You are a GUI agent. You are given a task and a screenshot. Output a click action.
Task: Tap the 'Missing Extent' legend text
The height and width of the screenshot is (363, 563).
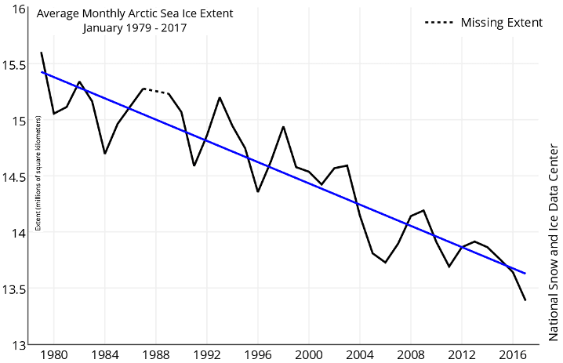point(502,22)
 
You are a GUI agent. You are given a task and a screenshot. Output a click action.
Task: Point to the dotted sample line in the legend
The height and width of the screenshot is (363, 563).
point(439,23)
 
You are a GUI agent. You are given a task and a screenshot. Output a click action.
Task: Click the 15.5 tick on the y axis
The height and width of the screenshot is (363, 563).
point(15,66)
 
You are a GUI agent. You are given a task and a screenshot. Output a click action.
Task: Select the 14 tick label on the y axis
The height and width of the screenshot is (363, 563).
point(20,233)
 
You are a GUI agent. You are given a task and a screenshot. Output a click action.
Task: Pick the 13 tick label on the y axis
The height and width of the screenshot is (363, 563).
point(20,344)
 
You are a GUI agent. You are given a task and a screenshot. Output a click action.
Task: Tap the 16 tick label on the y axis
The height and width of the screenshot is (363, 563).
point(20,10)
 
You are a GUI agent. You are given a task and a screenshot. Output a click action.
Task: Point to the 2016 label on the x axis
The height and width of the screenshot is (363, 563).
point(512,354)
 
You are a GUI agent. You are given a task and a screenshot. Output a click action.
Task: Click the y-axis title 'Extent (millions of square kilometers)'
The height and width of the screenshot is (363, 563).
point(38,173)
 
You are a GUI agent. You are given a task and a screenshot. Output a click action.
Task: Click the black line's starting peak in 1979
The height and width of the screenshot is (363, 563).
point(41,53)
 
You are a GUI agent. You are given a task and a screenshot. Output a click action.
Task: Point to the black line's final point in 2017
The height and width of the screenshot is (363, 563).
point(525,300)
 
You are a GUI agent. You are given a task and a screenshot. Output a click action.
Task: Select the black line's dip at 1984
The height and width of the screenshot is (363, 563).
point(105,153)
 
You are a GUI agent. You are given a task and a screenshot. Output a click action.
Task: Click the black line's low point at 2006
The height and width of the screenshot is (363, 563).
point(385,263)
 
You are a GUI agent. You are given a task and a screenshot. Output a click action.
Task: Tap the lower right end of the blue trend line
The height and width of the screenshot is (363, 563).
point(525,274)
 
